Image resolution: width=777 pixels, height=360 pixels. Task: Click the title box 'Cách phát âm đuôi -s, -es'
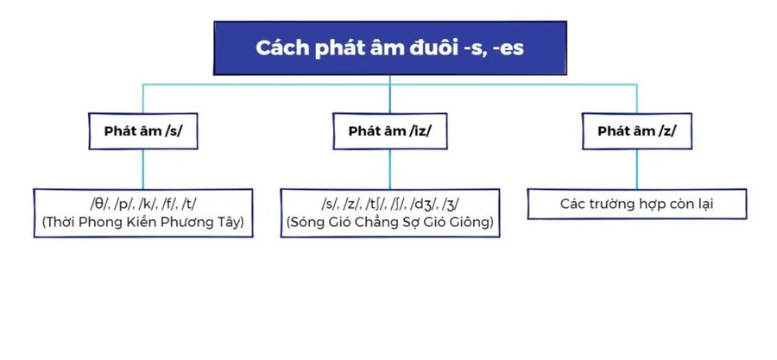(x=389, y=47)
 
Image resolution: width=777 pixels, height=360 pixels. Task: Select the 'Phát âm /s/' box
(x=143, y=131)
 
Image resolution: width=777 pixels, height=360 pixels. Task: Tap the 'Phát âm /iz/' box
(x=389, y=131)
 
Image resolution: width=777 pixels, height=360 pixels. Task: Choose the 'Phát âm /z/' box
(x=636, y=131)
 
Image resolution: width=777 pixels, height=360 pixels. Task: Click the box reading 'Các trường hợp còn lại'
(x=636, y=204)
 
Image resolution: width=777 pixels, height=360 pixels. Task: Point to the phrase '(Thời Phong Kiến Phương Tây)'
(x=143, y=223)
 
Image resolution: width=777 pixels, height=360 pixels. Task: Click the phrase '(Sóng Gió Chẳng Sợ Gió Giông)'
(x=389, y=223)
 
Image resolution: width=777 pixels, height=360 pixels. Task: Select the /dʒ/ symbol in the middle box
(x=426, y=204)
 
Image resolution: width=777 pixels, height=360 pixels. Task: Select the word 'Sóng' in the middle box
(x=305, y=223)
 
